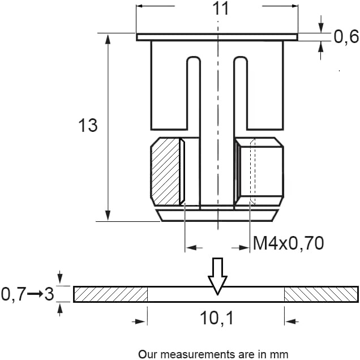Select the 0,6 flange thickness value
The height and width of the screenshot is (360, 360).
point(346,37)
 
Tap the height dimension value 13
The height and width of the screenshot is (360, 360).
point(88,125)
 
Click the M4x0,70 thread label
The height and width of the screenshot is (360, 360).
point(288,243)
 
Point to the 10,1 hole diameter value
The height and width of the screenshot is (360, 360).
point(216,320)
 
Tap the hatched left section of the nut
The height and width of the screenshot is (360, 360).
point(165,171)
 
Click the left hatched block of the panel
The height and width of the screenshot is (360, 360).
point(110,294)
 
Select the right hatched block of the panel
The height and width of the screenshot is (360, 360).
point(321,294)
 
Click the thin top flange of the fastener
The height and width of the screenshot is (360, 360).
point(216,37)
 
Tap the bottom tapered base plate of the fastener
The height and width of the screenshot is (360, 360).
point(216,215)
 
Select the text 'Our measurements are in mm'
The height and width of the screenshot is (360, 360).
point(213,354)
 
